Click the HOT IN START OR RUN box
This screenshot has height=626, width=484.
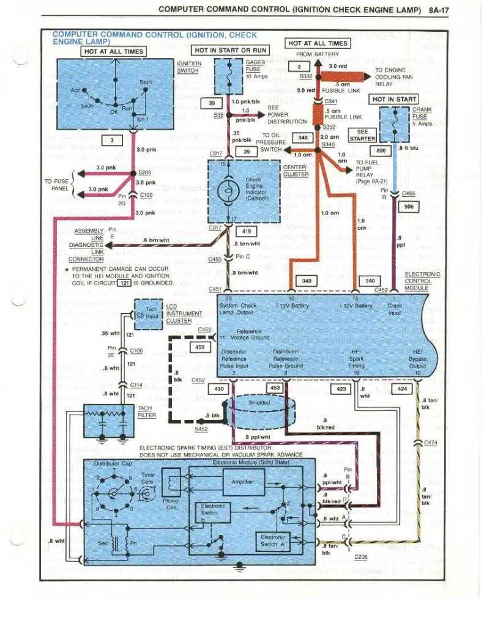point(230,50)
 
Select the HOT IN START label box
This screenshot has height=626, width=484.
point(394,99)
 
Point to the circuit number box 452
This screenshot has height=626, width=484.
point(199,347)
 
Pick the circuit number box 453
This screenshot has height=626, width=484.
point(275,388)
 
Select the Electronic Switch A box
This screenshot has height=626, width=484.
point(272,540)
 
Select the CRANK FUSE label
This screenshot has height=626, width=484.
point(422,116)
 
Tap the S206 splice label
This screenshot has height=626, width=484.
point(144,172)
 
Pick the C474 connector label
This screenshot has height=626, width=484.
point(432,443)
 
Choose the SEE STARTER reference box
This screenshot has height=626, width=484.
point(362,135)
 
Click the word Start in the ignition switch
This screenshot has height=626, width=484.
point(146,82)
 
